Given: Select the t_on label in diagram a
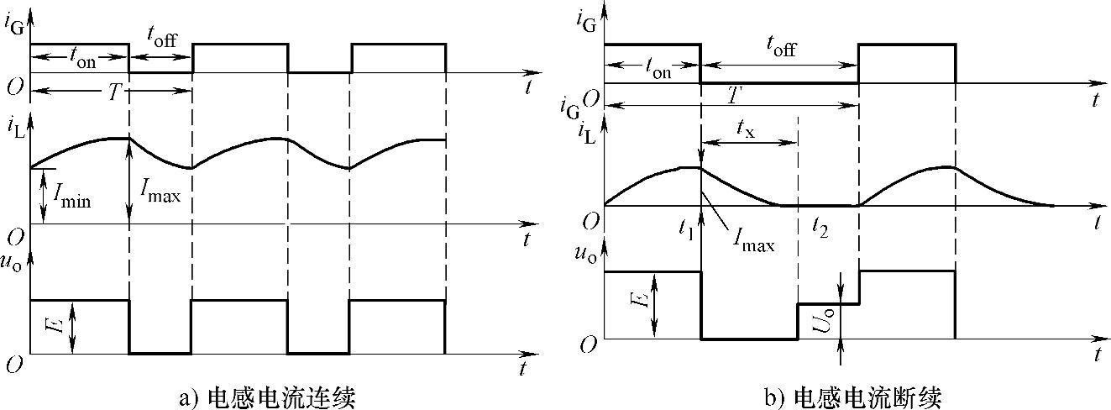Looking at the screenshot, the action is coord(80,60).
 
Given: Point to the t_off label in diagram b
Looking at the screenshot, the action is coord(778,50).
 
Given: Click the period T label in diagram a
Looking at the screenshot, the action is coord(113,92).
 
